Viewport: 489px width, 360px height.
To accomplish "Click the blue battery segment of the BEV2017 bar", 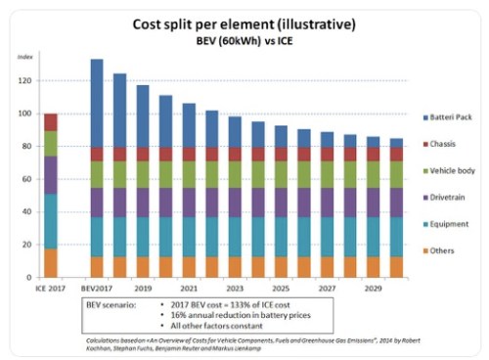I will pyautogui.click(x=97, y=103).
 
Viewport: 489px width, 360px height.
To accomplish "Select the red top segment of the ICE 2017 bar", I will pyautogui.click(x=50, y=122).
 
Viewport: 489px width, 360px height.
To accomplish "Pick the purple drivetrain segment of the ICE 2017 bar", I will pyautogui.click(x=50, y=174).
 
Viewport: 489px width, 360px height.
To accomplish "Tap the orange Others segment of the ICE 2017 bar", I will pyautogui.click(x=50, y=262).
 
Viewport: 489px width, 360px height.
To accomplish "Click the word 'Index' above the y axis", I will pyautogui.click(x=25, y=55).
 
